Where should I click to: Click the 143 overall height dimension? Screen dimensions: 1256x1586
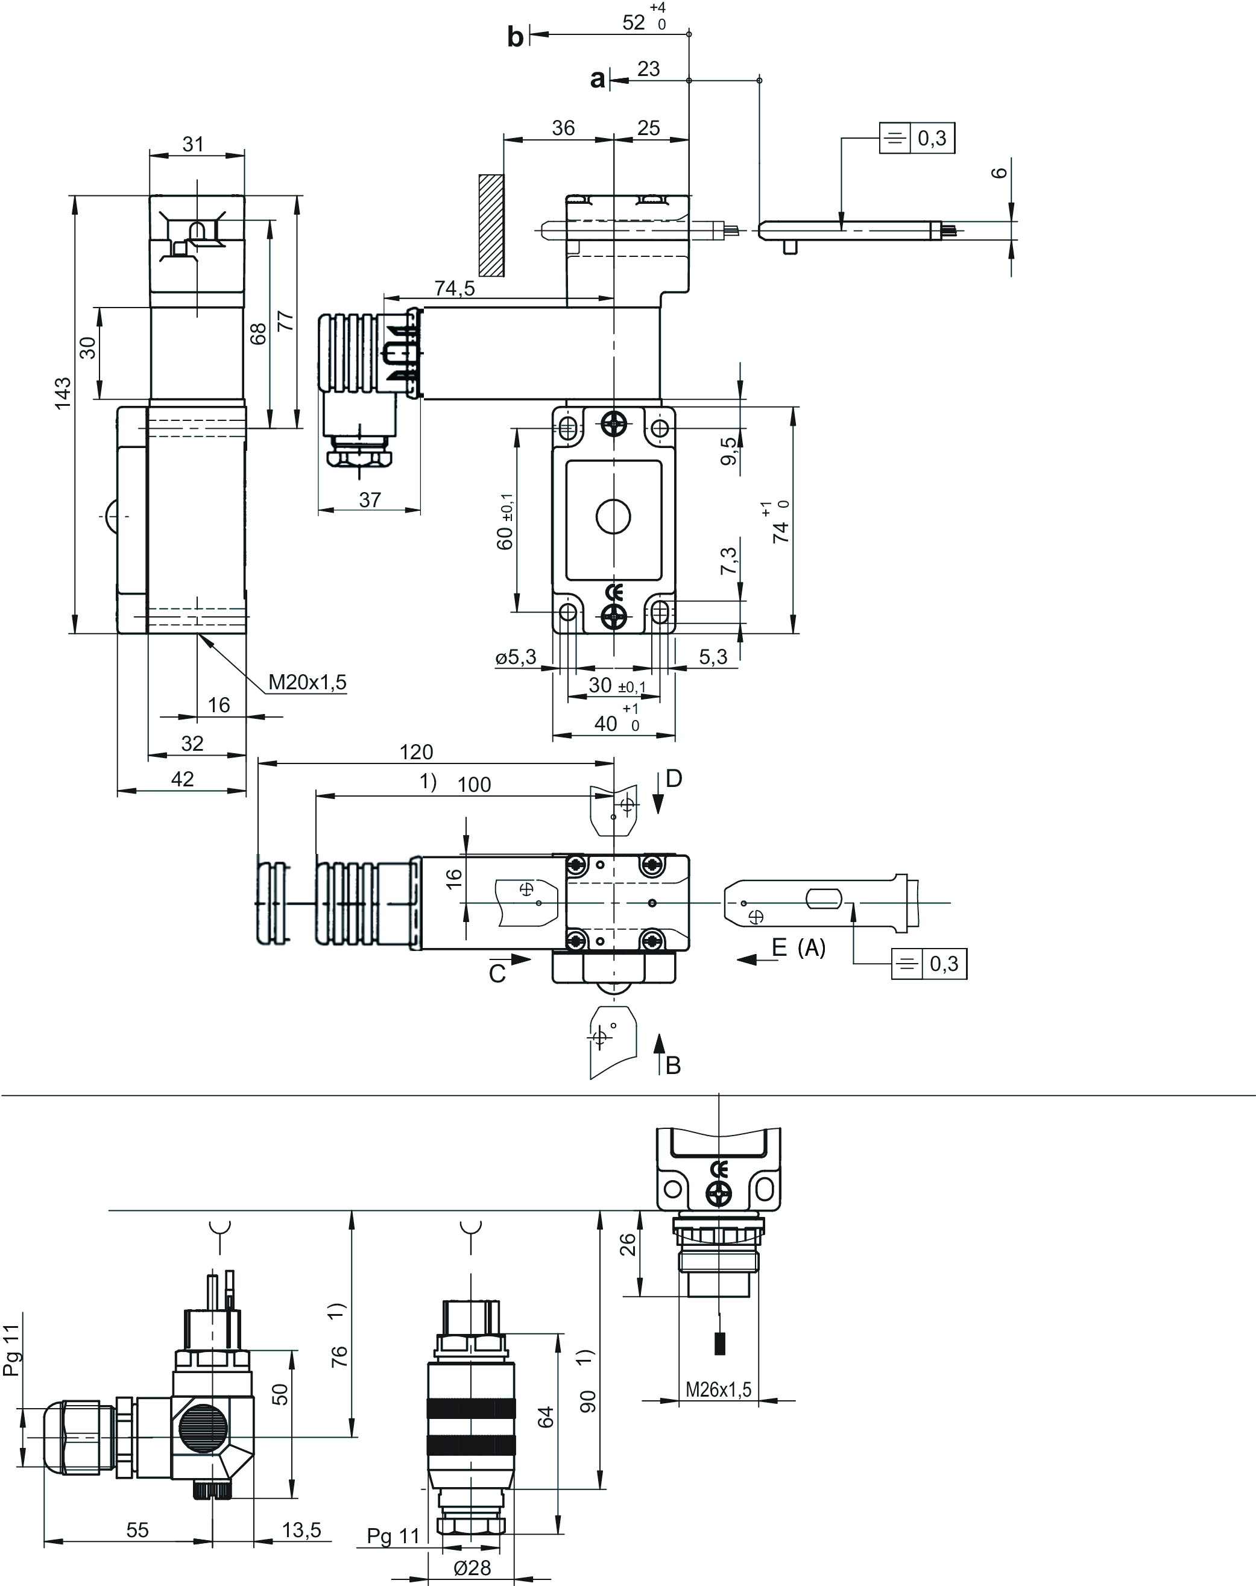tap(63, 393)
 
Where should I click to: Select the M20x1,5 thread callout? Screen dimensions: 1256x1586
tap(308, 681)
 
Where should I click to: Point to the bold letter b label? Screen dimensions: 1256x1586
tap(516, 37)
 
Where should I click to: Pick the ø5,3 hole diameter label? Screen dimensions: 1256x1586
tap(516, 657)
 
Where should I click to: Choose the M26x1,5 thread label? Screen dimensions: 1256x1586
tap(719, 1389)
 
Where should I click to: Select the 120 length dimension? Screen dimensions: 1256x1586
tap(416, 751)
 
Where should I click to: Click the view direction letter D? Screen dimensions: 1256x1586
tap(674, 778)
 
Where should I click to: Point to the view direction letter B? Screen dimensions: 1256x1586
tap(673, 1065)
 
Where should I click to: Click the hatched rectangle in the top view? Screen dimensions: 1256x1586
tap(491, 225)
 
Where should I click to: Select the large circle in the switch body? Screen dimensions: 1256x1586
tap(613, 517)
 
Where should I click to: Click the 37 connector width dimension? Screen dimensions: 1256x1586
tap(370, 499)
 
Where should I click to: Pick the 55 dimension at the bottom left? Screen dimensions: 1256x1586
tap(137, 1529)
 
